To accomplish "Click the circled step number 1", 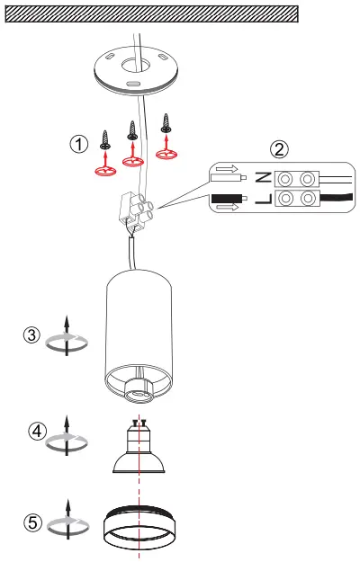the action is (x=78, y=144).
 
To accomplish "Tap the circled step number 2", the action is (x=279, y=149).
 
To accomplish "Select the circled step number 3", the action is (x=31, y=335).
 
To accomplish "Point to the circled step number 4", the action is (x=37, y=432).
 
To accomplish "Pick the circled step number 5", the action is (x=32, y=522).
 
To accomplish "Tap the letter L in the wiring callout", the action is (x=264, y=198).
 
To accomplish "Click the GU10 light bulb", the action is (x=139, y=447).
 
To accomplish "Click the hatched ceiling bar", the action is (x=152, y=14).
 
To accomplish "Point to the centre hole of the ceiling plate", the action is (x=134, y=66).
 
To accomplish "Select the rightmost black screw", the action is (x=166, y=123).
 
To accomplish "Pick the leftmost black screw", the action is (x=105, y=140).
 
